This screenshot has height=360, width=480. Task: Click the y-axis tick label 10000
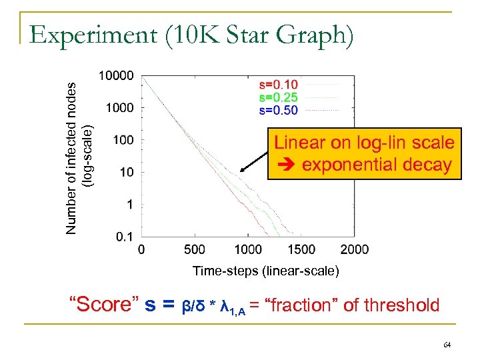(x=116, y=76)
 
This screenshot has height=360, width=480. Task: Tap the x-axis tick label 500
(x=193, y=250)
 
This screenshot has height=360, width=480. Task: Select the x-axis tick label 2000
(x=354, y=250)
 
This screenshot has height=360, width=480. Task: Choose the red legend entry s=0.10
(x=278, y=85)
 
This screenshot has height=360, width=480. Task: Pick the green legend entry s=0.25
(x=278, y=97)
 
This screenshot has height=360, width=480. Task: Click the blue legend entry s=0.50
(x=278, y=110)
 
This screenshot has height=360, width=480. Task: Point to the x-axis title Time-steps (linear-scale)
(x=265, y=271)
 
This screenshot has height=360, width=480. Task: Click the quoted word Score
(x=103, y=305)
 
